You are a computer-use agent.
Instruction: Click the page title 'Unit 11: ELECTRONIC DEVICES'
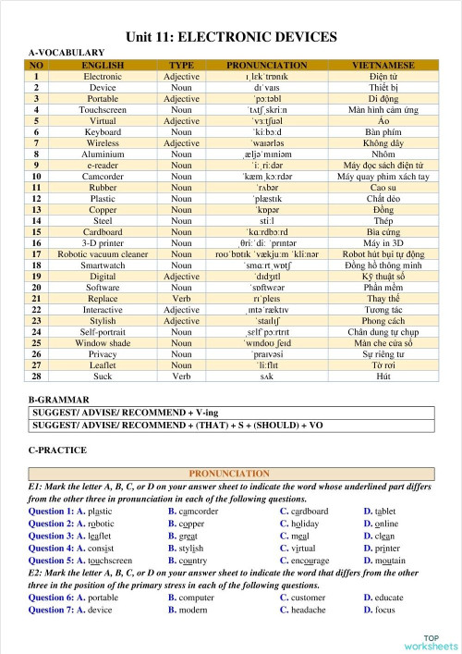coord(231,37)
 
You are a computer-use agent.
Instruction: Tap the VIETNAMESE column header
coord(383,66)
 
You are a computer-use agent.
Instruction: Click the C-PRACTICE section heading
coord(58,450)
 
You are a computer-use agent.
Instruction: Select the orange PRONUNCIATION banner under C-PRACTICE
coord(231,474)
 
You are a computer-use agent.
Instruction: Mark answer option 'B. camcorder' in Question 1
coord(193,511)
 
